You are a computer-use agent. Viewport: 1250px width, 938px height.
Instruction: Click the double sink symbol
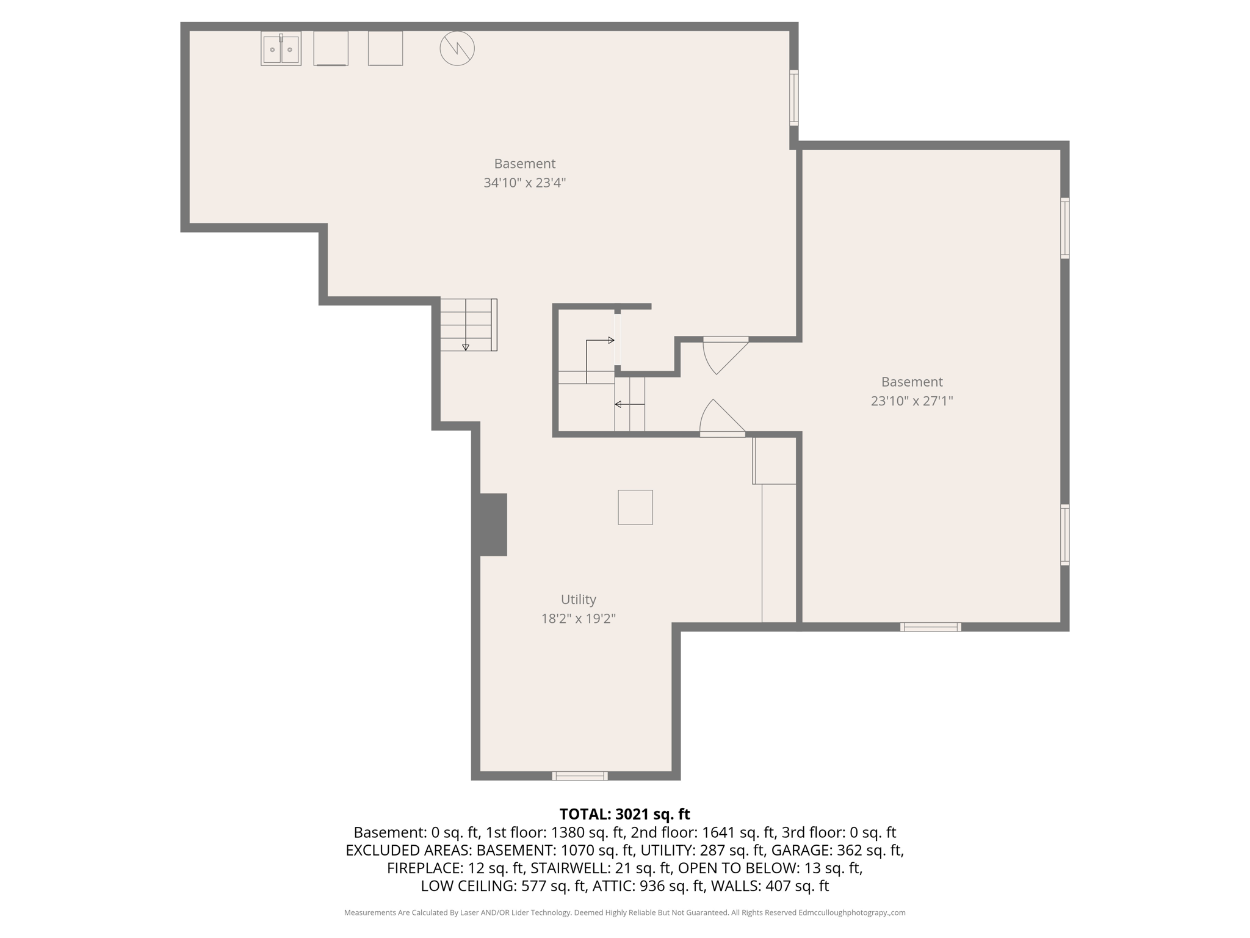[281, 49]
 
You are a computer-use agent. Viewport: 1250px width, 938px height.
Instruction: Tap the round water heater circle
[457, 48]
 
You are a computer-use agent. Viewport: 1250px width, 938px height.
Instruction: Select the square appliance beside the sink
[331, 48]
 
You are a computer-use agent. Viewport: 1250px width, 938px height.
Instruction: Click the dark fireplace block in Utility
[492, 525]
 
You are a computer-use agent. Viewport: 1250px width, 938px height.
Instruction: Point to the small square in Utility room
[635, 507]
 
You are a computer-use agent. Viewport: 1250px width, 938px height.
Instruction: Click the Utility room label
[578, 600]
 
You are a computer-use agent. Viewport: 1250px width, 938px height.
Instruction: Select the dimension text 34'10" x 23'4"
[525, 183]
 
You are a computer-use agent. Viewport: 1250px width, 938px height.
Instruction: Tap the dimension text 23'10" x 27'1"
[912, 401]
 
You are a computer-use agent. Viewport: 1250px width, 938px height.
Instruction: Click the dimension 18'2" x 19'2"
[578, 619]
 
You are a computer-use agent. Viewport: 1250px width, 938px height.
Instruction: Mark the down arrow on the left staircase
[466, 347]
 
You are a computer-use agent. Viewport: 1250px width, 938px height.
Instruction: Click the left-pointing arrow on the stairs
[619, 404]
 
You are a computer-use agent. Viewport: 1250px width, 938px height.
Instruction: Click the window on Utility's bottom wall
[580, 776]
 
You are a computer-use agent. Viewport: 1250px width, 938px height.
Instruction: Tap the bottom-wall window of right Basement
[930, 627]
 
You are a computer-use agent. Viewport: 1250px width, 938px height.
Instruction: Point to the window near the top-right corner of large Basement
[794, 98]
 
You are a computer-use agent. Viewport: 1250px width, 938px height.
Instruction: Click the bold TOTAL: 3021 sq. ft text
[624, 814]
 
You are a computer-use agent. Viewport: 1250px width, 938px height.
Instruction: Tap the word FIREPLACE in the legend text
[425, 868]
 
